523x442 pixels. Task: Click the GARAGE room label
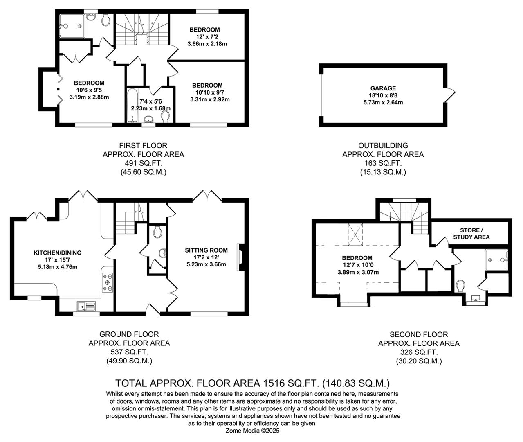tap(383, 88)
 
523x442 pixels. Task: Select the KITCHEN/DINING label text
tap(57, 253)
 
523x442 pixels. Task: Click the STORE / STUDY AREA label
tap(471, 233)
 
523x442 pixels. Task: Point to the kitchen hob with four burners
tap(108, 282)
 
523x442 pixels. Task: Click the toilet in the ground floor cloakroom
tap(158, 232)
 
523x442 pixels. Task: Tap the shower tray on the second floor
tap(496, 260)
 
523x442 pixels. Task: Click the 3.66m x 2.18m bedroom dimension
tap(207, 44)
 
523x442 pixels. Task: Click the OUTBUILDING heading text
tap(383, 145)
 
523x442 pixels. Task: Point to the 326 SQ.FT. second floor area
tap(418, 352)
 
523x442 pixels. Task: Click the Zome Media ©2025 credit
tap(252, 431)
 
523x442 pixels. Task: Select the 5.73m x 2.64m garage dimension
tap(383, 102)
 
